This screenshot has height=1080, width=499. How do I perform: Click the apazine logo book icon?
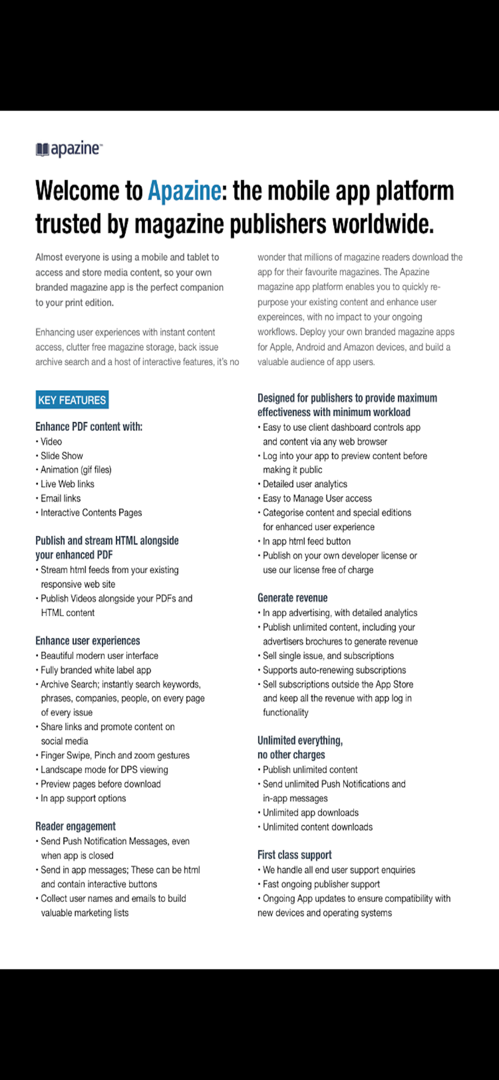42,150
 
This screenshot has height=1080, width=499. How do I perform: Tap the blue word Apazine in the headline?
184,191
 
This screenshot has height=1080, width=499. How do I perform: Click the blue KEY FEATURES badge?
72,400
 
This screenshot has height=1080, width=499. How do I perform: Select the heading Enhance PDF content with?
89,427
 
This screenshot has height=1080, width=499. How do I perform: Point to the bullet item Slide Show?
62,456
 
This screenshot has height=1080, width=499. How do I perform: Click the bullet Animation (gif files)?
76,470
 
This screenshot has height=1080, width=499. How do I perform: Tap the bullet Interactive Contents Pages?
91,512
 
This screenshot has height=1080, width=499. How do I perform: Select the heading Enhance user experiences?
87,641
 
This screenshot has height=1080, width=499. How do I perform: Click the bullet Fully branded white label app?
96,670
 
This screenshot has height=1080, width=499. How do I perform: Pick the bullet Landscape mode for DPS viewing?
104,769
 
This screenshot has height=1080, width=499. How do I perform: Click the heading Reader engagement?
76,826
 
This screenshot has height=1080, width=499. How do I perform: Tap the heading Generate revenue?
293,598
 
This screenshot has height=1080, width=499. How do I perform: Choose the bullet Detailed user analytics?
305,484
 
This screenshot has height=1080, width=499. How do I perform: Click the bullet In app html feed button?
306,541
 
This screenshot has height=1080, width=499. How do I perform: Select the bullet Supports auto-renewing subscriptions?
334,670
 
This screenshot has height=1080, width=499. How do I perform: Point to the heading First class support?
294,855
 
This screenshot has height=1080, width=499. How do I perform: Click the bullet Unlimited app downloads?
311,813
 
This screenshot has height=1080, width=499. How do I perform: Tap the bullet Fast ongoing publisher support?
321,884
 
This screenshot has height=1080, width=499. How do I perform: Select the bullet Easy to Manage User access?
317,498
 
